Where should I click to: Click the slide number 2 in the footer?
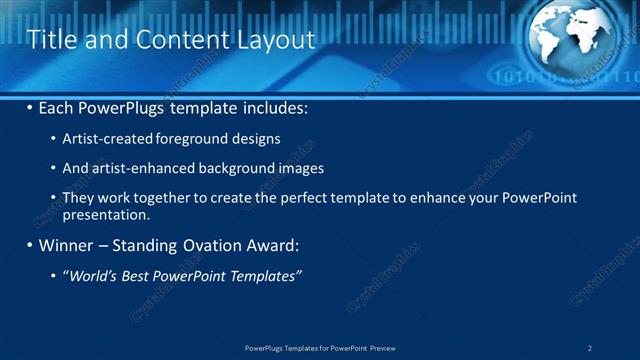coord(590,348)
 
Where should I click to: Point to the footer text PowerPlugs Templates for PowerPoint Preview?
coord(320,348)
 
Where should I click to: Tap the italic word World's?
coord(90,275)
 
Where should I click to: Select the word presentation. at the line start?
coord(106,214)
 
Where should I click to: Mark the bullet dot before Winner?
coord(30,245)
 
